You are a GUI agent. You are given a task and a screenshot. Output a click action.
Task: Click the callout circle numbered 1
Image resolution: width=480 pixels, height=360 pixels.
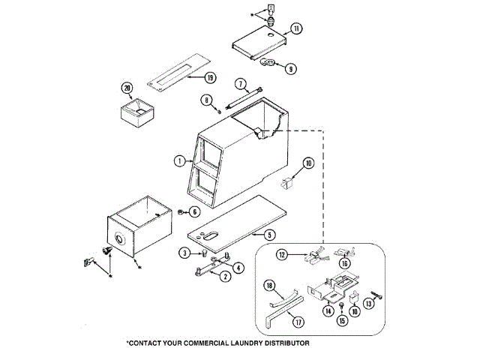pos(179,160)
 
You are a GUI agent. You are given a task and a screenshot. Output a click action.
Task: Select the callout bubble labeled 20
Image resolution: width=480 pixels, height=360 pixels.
pos(127,88)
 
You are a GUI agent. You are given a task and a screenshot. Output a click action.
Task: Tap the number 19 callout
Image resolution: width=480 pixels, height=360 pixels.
pos(210,77)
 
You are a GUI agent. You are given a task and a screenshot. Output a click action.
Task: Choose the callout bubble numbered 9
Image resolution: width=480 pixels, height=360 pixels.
pos(291,68)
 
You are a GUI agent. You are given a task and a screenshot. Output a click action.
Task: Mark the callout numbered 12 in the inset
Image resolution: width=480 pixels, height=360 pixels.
pos(281,254)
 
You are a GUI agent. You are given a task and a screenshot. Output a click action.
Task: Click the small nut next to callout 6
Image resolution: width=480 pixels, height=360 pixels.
pos(181,212)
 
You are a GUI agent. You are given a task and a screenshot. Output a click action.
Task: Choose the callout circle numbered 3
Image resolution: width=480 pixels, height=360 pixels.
pos(183,253)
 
